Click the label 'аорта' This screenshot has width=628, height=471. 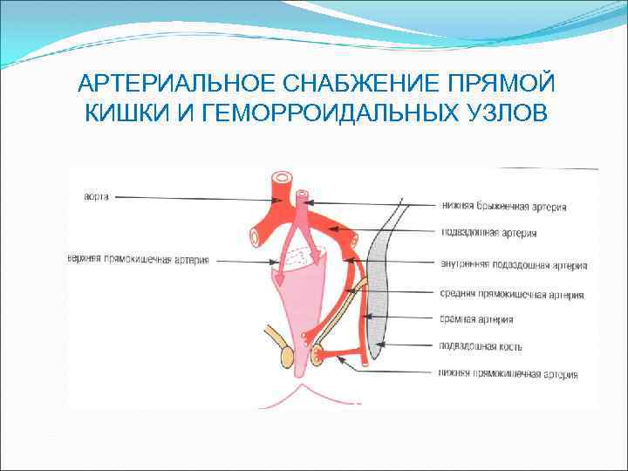[x=96, y=197]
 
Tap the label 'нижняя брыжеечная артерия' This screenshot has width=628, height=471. [x=515, y=207]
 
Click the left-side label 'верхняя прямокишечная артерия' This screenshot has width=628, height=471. [x=138, y=259]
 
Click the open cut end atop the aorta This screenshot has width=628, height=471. [x=282, y=180]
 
